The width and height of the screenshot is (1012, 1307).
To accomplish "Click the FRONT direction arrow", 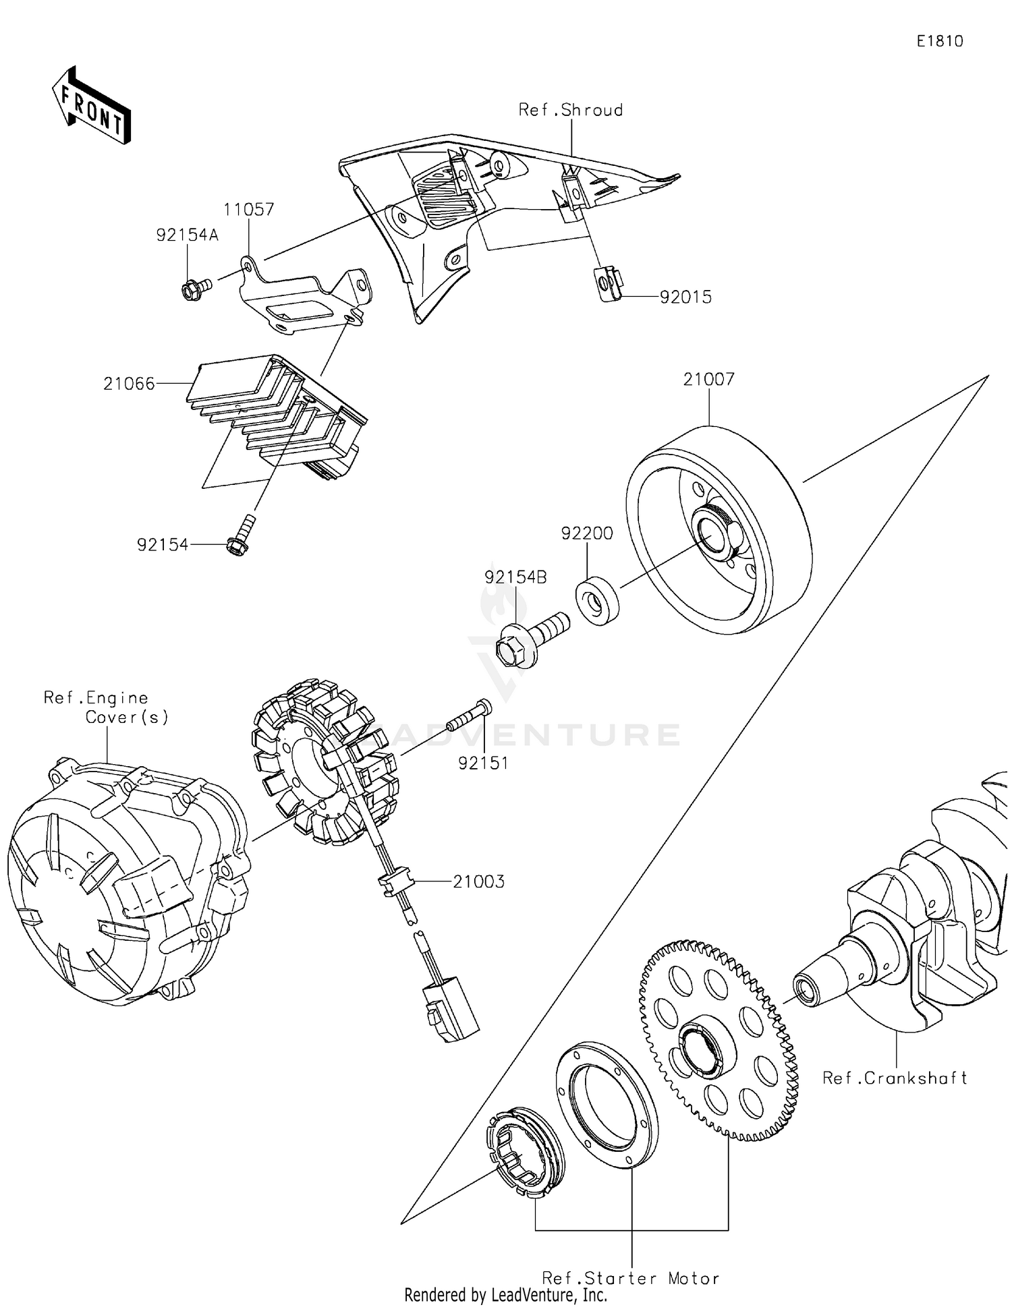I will coord(91,107).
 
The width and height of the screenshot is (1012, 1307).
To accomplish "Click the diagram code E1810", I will coord(939,41).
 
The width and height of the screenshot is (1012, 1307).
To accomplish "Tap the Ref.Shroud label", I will coord(570,110).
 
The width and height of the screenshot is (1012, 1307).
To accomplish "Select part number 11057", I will coord(249,210).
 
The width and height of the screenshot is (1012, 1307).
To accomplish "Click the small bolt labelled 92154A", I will coord(194,291).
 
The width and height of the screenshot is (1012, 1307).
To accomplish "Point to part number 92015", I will coord(685,297).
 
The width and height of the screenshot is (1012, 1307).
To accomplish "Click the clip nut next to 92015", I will coord(608,283).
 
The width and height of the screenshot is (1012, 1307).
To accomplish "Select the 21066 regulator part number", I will coord(129,384).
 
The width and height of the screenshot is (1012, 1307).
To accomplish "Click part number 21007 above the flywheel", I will coord(708,380).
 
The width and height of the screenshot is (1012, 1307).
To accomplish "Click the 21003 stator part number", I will coord(478,881).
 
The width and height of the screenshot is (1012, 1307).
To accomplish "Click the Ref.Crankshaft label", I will coord(895,1078).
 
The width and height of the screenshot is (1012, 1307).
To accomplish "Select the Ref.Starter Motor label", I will coord(631,1278).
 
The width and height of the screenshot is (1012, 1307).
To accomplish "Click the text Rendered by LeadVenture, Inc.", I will coord(505,1295).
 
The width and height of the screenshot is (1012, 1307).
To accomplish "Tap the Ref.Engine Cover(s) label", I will coord(107,707).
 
